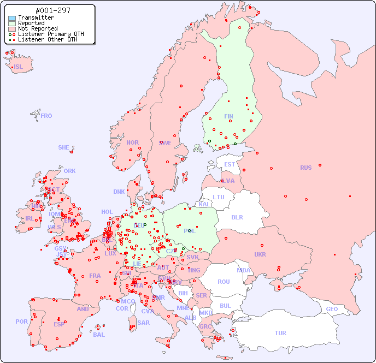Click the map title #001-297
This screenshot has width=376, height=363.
[x=52, y=10]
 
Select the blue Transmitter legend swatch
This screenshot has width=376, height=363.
[x=12, y=17]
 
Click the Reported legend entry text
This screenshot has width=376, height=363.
[x=31, y=23]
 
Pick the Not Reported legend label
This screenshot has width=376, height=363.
[x=38, y=28]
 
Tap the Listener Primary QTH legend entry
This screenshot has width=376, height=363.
[x=51, y=34]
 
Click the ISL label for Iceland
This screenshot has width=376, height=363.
[x=19, y=67]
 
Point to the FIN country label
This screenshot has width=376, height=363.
[x=228, y=116]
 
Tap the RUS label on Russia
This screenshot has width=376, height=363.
[x=305, y=168]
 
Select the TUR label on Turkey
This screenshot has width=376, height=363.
[x=280, y=333]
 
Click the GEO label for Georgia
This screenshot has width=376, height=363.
[x=332, y=309]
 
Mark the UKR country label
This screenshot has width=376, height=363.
[x=260, y=254]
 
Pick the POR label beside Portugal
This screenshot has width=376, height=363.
[x=21, y=322]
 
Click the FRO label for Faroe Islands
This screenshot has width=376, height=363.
[x=46, y=116]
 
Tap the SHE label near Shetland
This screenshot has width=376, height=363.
[x=64, y=147]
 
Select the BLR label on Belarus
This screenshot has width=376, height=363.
[x=237, y=217]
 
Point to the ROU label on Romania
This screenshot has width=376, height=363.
[x=224, y=282]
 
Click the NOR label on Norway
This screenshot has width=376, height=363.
[x=132, y=142]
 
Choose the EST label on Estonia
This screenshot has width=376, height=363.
[x=230, y=164]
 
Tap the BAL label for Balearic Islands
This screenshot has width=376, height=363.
[x=99, y=335]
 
